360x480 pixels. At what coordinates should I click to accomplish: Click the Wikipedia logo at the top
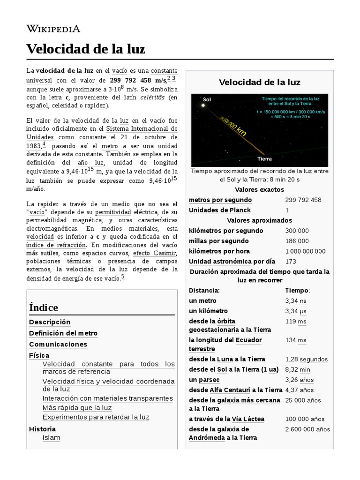(x=53, y=29)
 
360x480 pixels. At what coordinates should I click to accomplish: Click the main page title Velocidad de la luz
(x=85, y=49)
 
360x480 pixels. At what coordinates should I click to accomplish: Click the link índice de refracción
(x=56, y=245)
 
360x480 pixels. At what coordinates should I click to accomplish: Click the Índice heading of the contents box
(x=44, y=307)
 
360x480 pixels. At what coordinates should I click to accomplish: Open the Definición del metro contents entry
(x=63, y=333)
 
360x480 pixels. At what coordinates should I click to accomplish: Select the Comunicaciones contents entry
(x=58, y=344)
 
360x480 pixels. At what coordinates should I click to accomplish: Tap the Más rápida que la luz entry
(x=77, y=407)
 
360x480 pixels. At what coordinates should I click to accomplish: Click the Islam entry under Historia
(x=51, y=438)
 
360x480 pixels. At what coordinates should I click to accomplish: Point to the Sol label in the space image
(x=207, y=99)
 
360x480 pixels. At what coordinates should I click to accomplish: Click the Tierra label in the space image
(x=265, y=159)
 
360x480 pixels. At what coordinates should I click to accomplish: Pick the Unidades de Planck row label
(x=219, y=210)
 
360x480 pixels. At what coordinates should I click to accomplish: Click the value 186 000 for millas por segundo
(x=297, y=241)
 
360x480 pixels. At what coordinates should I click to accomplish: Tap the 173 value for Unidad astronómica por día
(x=290, y=262)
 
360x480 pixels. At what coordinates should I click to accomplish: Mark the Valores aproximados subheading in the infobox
(x=259, y=220)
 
